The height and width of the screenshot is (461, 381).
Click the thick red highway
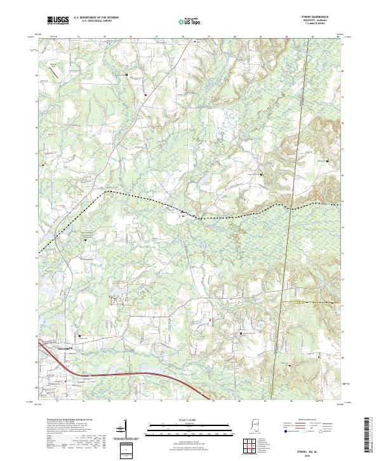point(127,373)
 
